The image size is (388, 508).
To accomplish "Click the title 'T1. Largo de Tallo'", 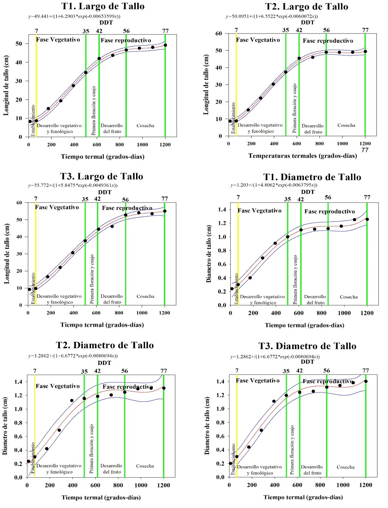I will click(x=103, y=6).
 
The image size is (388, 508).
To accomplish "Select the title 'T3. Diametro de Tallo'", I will click(x=307, y=346).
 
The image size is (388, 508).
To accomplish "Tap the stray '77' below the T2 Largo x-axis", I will click(x=365, y=150).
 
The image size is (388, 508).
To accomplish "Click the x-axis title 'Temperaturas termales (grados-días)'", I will click(x=302, y=156).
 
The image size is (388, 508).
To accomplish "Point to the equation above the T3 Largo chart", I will click(x=73, y=185).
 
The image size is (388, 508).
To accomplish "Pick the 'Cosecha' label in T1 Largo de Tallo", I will click(x=145, y=126).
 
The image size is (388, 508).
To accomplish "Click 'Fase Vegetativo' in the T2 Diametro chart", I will click(x=58, y=386).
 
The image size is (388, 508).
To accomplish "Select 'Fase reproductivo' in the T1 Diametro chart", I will click(x=329, y=211).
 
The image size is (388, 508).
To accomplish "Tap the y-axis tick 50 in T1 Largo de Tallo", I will click(x=19, y=44).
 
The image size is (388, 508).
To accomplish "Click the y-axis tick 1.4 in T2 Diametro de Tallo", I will click(x=19, y=382).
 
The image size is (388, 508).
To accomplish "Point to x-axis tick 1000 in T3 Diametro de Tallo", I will click(x=343, y=485).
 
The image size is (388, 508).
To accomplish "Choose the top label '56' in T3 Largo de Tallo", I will click(x=125, y=200).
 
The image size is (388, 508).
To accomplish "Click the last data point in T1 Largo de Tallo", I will click(x=165, y=45).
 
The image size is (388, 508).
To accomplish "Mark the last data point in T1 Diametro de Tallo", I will click(x=367, y=219).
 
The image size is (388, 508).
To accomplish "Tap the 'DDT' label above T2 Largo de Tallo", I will click(x=308, y=23).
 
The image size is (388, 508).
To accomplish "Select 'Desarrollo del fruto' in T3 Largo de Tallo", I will click(x=112, y=299).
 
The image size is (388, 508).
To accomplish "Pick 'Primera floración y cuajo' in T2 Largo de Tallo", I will click(x=295, y=108).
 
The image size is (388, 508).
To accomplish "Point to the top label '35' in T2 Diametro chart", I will click(x=84, y=372).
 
